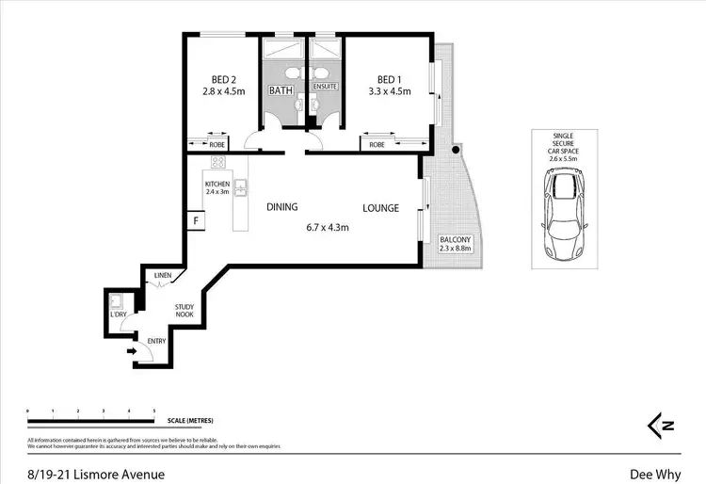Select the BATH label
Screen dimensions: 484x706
281,91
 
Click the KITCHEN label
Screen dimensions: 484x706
217,184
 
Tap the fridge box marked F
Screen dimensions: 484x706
196,221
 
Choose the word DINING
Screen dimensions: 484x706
281,208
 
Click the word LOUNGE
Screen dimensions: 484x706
381,208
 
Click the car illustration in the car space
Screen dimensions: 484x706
562,215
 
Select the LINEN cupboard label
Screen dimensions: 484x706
162,275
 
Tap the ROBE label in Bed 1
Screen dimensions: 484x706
377,145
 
